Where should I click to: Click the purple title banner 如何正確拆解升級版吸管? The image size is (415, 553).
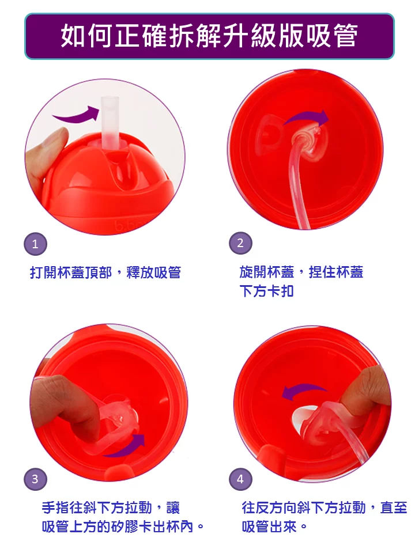(209, 36)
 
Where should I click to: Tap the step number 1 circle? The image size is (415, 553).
(35, 244)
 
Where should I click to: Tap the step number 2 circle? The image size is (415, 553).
(240, 244)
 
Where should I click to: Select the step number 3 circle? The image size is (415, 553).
(35, 479)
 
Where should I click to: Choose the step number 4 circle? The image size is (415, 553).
(240, 479)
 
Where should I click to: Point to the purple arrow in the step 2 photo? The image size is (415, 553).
(307, 118)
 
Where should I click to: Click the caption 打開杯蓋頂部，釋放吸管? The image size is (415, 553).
(105, 272)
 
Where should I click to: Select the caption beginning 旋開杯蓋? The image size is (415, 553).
(301, 272)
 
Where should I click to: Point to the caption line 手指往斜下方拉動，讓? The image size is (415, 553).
(111, 507)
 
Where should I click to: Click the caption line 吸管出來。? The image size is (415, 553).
(274, 527)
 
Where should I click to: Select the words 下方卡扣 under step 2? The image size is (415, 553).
(266, 291)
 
